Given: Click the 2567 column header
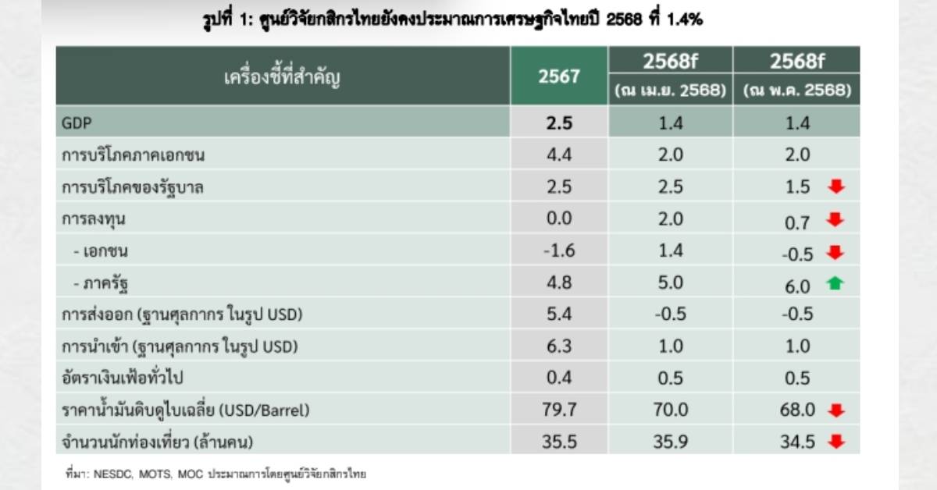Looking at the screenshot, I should pyautogui.click(x=558, y=76).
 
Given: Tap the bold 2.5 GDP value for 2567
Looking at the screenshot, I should pyautogui.click(x=558, y=123).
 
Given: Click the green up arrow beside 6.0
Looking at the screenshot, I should pyautogui.click(x=835, y=285).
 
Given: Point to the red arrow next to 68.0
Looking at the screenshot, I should pyautogui.click(x=835, y=410).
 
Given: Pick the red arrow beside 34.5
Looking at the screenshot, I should pyautogui.click(x=835, y=442).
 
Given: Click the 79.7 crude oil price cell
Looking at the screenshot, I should pyautogui.click(x=558, y=410).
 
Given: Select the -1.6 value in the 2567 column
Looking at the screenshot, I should pyautogui.click(x=558, y=251).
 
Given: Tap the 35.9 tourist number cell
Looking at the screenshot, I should pyautogui.click(x=671, y=442).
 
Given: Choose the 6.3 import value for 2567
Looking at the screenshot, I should pyautogui.click(x=558, y=346).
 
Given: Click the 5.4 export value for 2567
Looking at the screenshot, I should pyautogui.click(x=558, y=314).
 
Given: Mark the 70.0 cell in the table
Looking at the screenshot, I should pyautogui.click(x=671, y=410).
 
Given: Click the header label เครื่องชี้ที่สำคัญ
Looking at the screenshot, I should pyautogui.click(x=283, y=76).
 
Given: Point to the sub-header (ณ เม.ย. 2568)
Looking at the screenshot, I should pyautogui.click(x=671, y=91).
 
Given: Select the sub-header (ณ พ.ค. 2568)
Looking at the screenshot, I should pyautogui.click(x=797, y=91).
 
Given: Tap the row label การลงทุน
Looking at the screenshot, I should pyautogui.click(x=94, y=219).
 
